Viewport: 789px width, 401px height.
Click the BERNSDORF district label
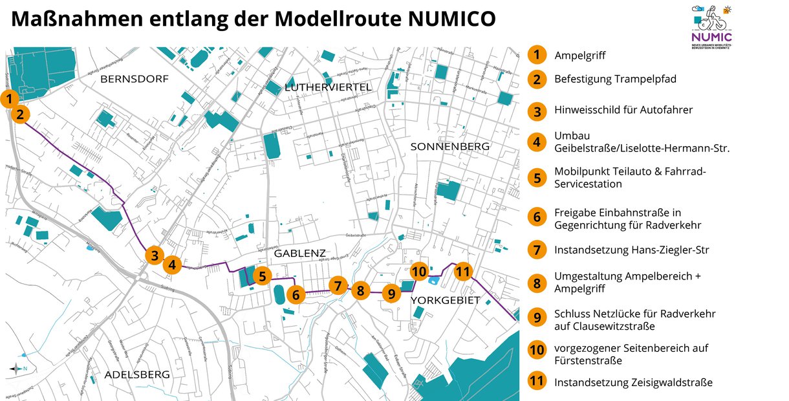[135, 80]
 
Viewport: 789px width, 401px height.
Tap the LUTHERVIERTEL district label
[328, 87]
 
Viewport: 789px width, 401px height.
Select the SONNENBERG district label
[450, 147]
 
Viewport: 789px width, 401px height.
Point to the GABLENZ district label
[299, 254]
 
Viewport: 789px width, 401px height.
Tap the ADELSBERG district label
[137, 374]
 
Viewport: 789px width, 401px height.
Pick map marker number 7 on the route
[338, 285]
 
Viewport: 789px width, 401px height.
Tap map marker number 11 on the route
[462, 272]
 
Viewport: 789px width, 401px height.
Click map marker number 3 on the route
[153, 255]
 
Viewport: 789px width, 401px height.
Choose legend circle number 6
[537, 217]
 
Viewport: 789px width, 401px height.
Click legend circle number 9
[537, 317]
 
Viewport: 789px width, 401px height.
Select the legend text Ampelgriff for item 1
[579, 55]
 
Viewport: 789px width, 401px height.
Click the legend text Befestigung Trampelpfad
[615, 79]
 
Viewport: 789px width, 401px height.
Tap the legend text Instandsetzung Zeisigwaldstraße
[633, 382]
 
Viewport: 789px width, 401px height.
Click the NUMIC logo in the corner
[711, 26]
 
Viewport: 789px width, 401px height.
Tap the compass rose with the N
[16, 369]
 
